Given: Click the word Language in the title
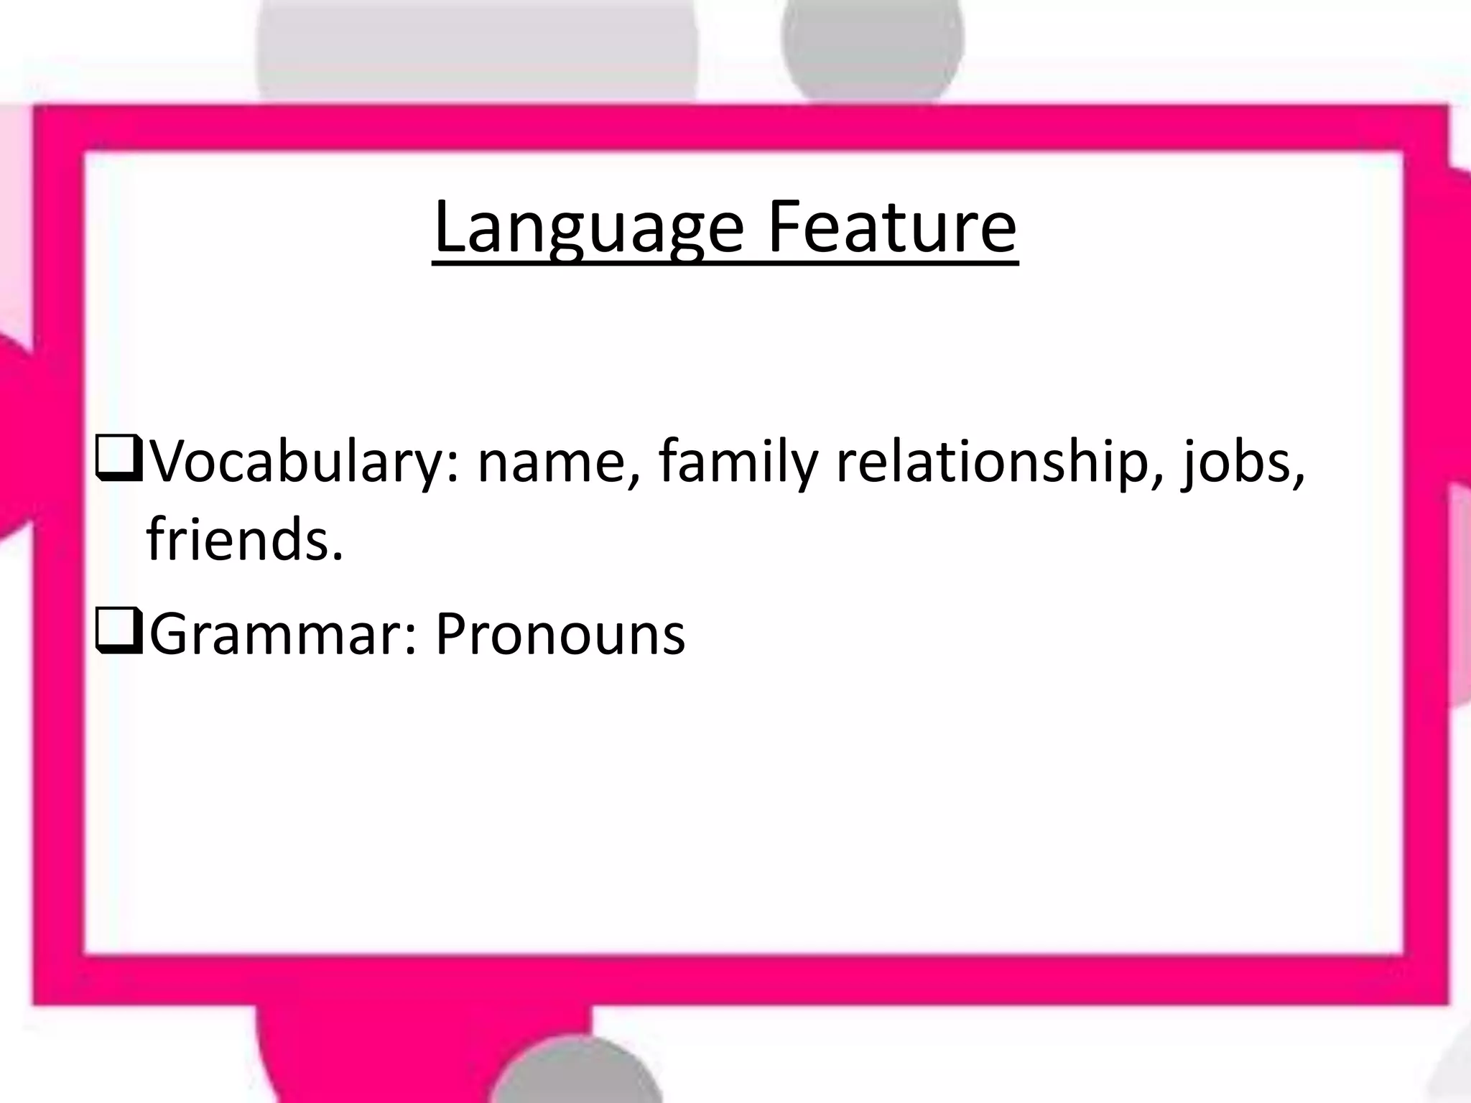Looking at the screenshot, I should [588, 228].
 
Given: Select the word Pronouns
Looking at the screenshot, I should [560, 635].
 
